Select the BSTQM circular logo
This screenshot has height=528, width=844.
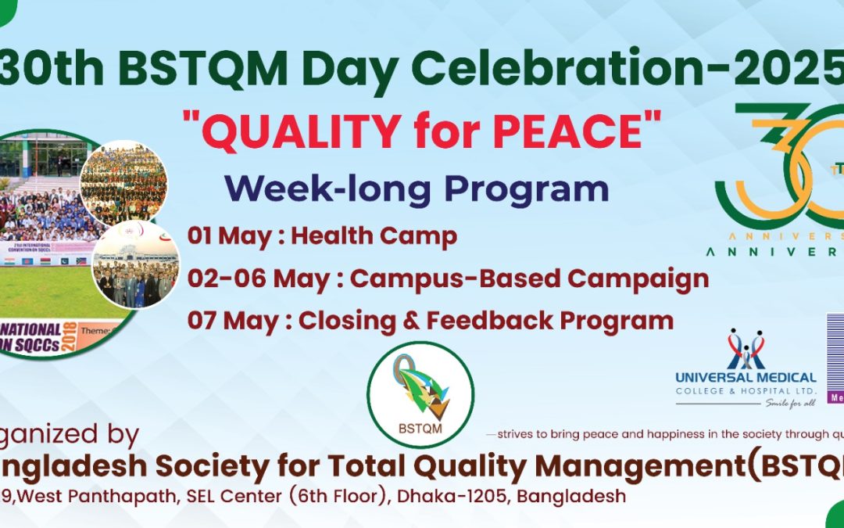(x=420, y=395)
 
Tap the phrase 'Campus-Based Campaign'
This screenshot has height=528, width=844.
(x=529, y=278)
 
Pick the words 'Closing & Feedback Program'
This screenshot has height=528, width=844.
(x=486, y=320)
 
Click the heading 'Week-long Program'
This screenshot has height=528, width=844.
(x=417, y=189)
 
